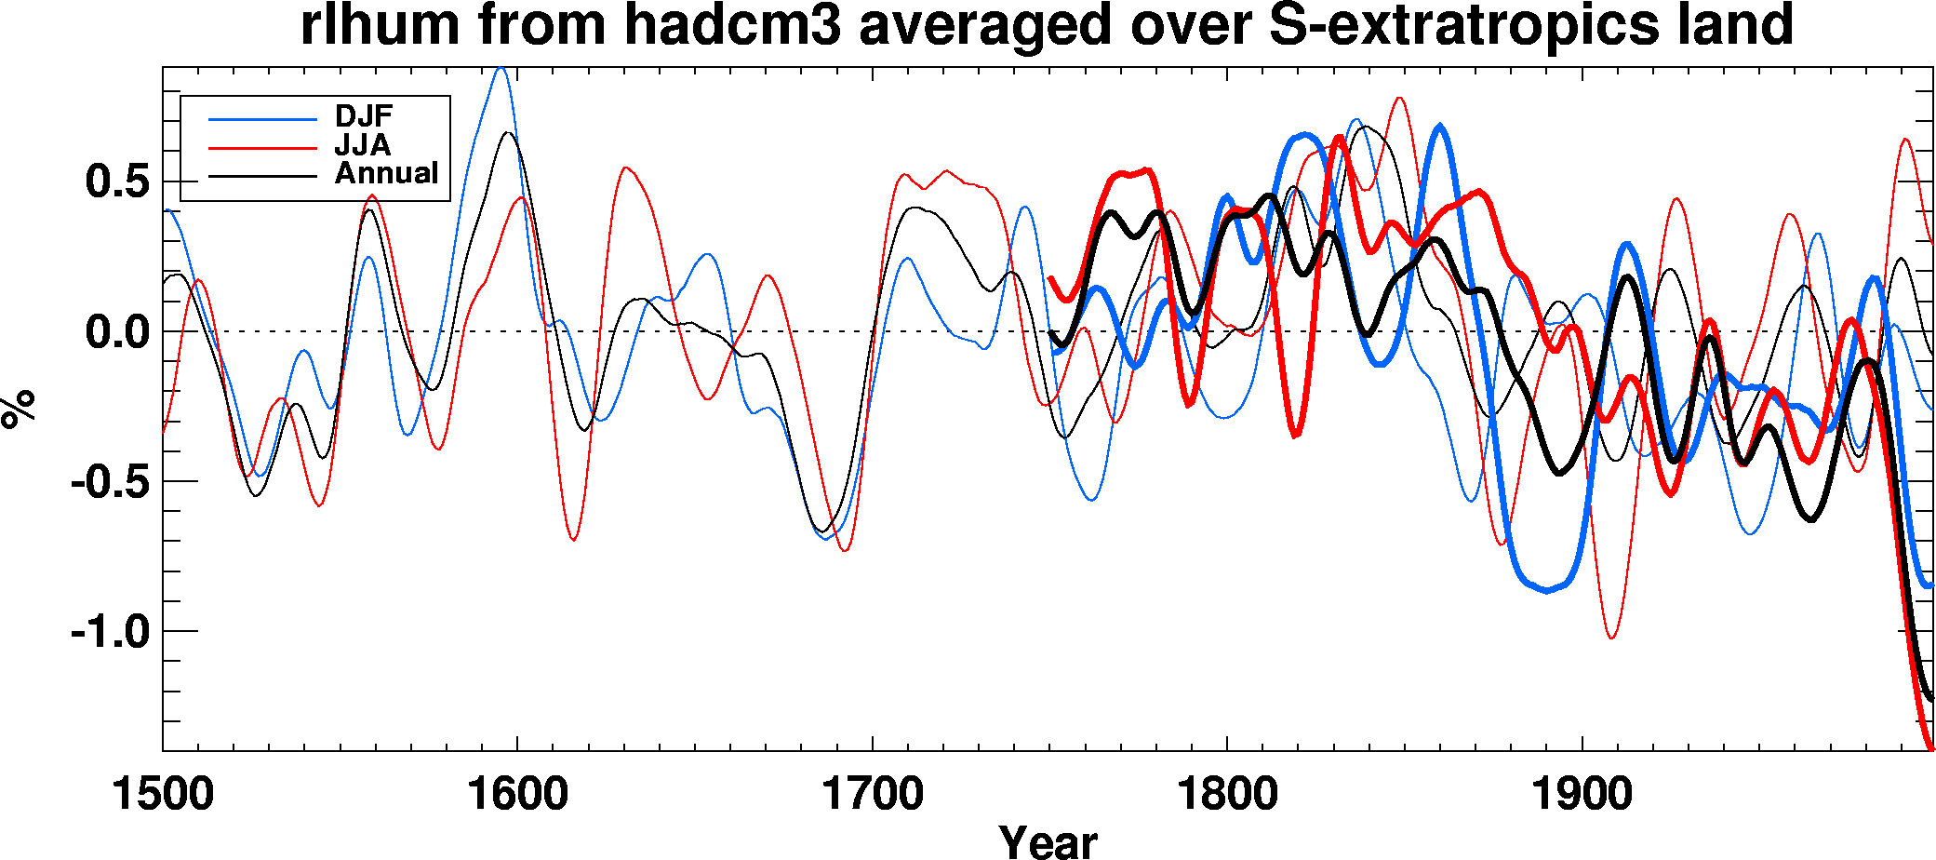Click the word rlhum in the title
click(381, 24)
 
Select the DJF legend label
click(364, 116)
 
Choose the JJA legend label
click(363, 145)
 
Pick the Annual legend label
click(386, 173)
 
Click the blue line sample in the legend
click(262, 119)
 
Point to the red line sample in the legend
click(262, 147)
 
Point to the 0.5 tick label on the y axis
click(116, 181)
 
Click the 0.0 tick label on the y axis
click(116, 332)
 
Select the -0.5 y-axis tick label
click(110, 482)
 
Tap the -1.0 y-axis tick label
click(110, 632)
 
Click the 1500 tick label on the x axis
click(163, 794)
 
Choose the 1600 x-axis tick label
click(517, 794)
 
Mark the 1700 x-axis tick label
click(873, 794)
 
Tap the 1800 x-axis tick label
click(1227, 794)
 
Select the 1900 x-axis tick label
click(1582, 794)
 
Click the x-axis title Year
click(1048, 840)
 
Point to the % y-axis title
click(19, 408)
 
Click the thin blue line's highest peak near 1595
click(501, 68)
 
